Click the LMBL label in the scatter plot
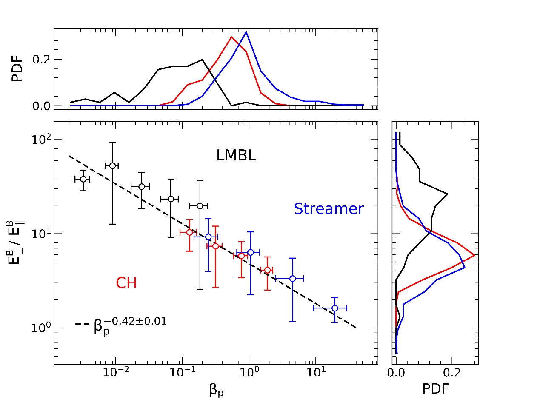[236, 156]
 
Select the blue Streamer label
[329, 209]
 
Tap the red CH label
[126, 283]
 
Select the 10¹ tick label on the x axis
[315, 375]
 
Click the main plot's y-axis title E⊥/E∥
[16, 242]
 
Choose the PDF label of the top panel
[17, 69]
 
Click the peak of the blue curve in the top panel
[246, 32]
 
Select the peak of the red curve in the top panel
[231, 37]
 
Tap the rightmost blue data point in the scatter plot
[334, 308]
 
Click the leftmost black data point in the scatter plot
[83, 179]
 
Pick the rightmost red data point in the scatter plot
[267, 270]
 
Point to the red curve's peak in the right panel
[474, 255]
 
